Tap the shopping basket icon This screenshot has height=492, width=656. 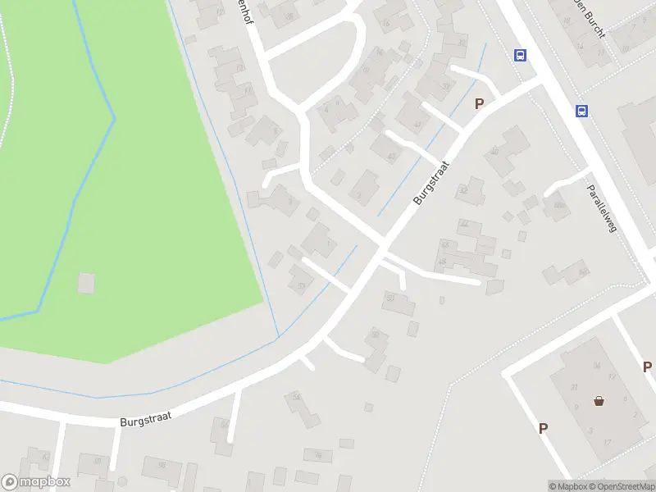point(599,401)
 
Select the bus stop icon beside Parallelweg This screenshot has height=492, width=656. point(581,112)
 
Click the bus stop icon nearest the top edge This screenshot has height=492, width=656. point(520,55)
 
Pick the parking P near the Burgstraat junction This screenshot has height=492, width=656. point(480,103)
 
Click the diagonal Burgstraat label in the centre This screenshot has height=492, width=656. point(431,183)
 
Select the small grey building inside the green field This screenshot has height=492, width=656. point(86,283)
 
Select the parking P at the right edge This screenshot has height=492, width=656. point(647,367)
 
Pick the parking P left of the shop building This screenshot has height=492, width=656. point(543,428)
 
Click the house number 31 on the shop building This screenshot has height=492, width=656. point(575,387)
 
